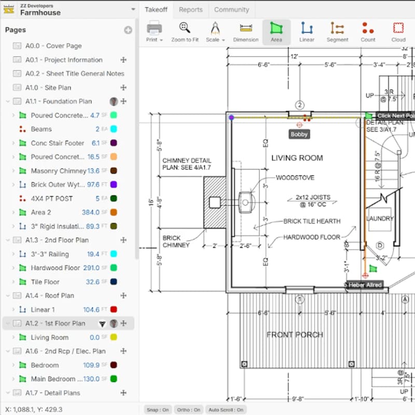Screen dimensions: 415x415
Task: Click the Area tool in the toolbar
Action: [276, 32]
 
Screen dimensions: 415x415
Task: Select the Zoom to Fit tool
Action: [185, 32]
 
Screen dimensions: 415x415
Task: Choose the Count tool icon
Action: [368, 32]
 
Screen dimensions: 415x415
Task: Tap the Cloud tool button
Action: [398, 32]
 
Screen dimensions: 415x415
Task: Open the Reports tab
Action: [190, 9]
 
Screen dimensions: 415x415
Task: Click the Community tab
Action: [231, 9]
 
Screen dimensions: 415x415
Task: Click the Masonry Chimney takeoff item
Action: [58, 171]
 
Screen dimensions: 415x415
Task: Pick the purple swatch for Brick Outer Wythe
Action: [114, 185]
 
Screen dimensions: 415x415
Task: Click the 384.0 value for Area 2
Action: [90, 212]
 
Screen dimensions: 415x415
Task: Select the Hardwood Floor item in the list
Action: [55, 268]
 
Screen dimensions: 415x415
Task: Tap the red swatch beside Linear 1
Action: [114, 310]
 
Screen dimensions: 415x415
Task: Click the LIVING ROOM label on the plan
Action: [297, 158]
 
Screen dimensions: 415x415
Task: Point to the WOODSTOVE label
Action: [295, 178]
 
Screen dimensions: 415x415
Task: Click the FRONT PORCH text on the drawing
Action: [295, 335]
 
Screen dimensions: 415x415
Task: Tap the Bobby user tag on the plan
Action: [299, 134]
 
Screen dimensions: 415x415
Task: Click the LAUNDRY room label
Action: [380, 218]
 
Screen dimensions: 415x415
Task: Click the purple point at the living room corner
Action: [231, 118]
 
